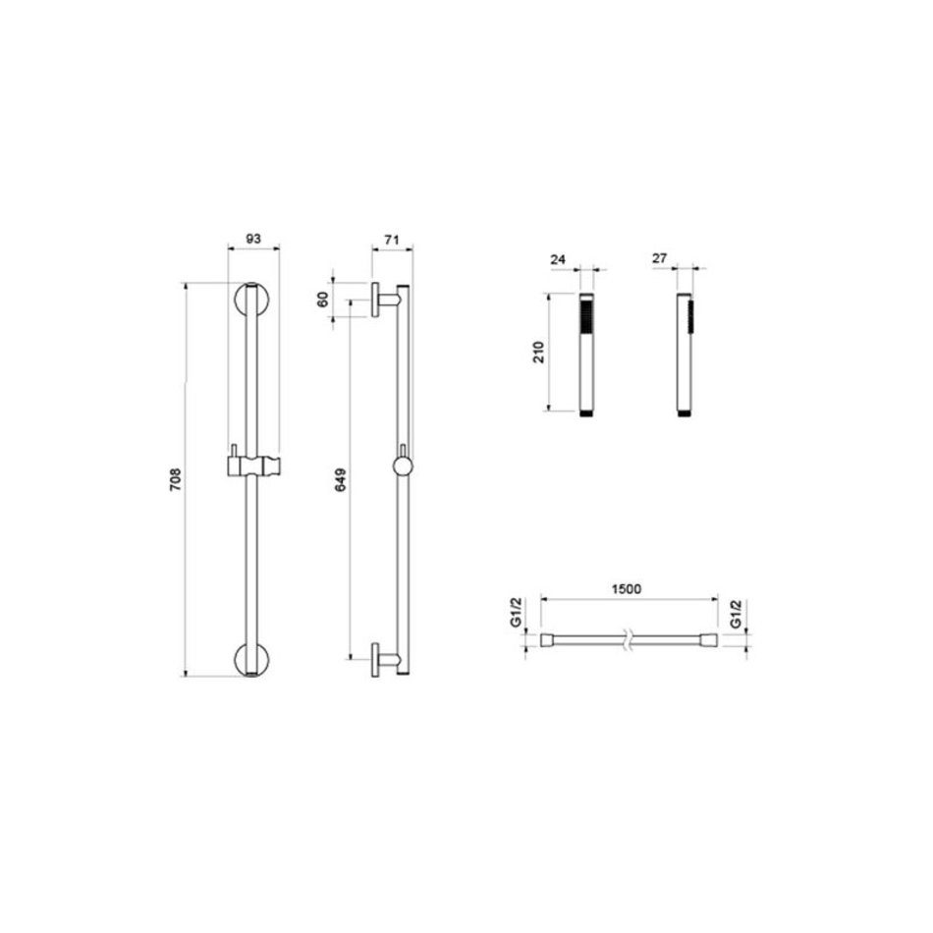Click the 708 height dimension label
coord(175,479)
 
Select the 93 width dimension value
coord(253,239)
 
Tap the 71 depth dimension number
coord(391,241)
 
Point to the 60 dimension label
coord(323,299)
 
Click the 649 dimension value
coord(341,480)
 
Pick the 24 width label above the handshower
coord(558,260)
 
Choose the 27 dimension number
coord(659,259)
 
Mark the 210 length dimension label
coord(538,353)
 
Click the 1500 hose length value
coord(627,589)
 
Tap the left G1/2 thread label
coord(517,612)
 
